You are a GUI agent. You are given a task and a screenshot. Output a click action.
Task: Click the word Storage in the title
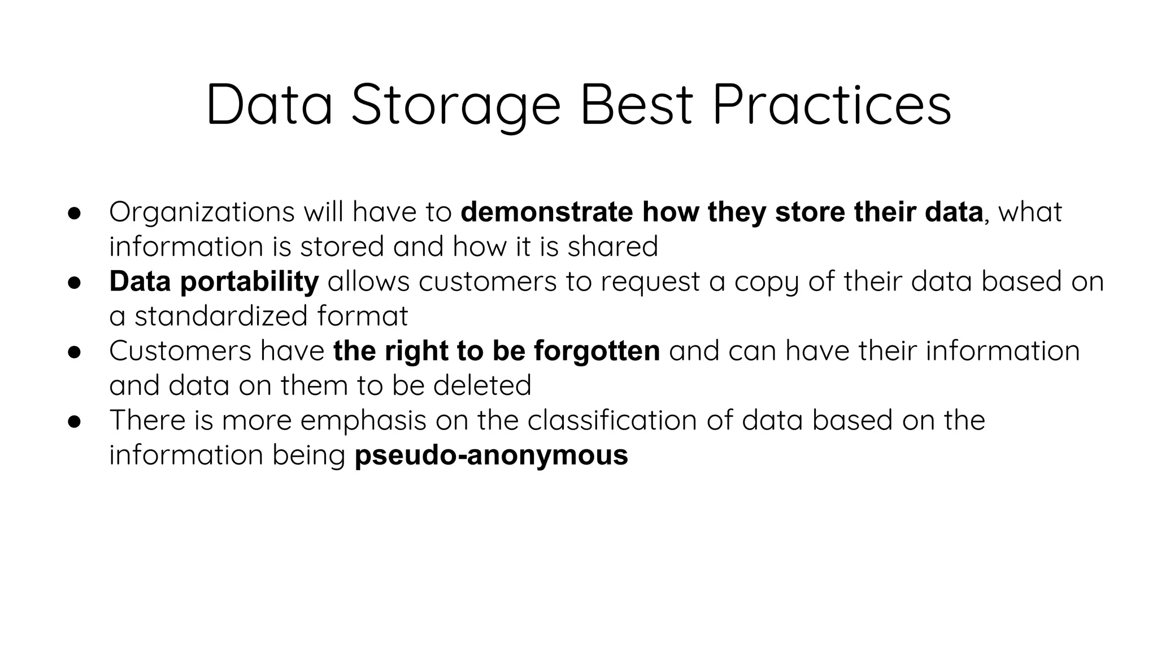point(455,105)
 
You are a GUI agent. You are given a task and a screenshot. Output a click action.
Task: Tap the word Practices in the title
point(831,105)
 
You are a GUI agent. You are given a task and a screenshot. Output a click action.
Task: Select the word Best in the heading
point(636,105)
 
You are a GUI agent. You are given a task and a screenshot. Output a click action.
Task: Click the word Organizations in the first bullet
point(202,212)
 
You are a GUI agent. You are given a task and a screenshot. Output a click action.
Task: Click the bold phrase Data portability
point(214,281)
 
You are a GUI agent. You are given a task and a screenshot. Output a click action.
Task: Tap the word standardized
point(221,316)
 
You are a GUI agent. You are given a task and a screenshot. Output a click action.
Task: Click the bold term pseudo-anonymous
point(491,455)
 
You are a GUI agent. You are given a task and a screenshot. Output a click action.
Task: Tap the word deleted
point(482,385)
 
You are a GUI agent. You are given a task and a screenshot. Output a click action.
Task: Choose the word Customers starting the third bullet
point(180,351)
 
